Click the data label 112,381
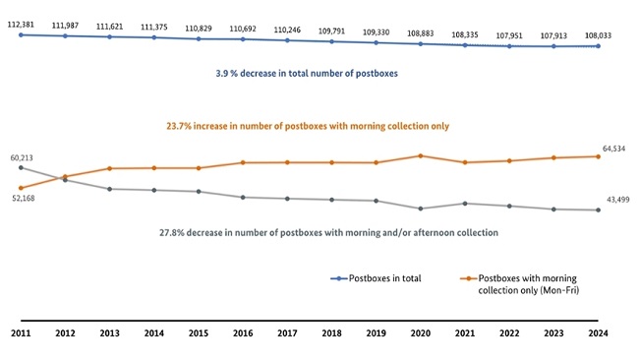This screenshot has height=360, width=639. pyautogui.click(x=21, y=23)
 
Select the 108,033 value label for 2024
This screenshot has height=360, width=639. pyautogui.click(x=599, y=33)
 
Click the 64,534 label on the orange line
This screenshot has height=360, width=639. pyautogui.click(x=615, y=150)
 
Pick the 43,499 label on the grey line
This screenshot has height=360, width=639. pyautogui.click(x=618, y=200)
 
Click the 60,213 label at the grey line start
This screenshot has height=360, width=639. pyautogui.click(x=23, y=157)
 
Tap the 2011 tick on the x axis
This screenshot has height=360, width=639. pyautogui.click(x=21, y=334)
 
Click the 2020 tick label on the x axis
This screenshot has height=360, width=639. pyautogui.click(x=421, y=334)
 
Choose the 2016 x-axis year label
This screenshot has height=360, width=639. pyautogui.click(x=243, y=334)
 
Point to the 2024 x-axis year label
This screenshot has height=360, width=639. pyautogui.click(x=599, y=334)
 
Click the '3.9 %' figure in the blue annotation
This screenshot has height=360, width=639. pyautogui.click(x=232, y=74)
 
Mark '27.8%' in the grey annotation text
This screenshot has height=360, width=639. pyautogui.click(x=174, y=233)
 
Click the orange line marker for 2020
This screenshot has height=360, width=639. pyautogui.click(x=421, y=155)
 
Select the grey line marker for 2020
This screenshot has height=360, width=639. pyautogui.click(x=421, y=209)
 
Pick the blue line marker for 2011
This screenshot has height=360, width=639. pyautogui.click(x=21, y=34)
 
